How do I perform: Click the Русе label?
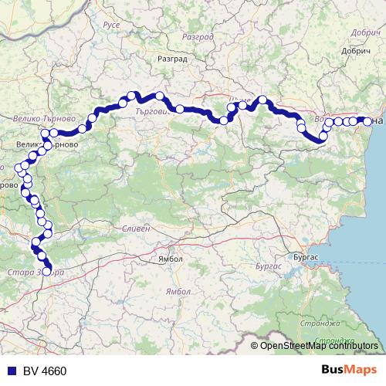click(x=111, y=25)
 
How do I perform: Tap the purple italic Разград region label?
click(x=196, y=36)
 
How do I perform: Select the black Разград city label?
click(x=172, y=58)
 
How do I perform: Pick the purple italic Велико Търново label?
click(x=44, y=120)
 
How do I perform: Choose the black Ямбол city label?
click(x=171, y=259)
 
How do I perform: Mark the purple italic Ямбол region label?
click(x=178, y=291)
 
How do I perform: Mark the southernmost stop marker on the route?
click(x=47, y=272)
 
